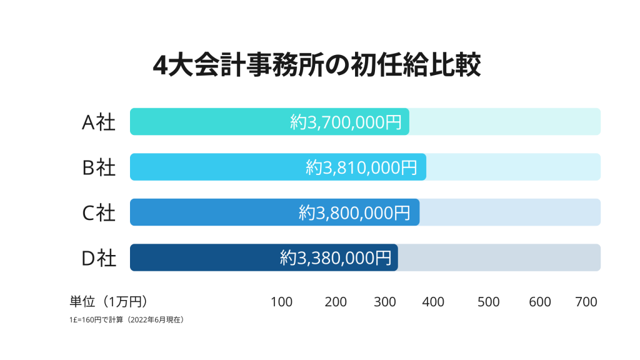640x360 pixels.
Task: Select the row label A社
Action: coord(99,122)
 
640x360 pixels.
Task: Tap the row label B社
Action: coord(99,167)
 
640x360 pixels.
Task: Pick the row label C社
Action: coord(99,212)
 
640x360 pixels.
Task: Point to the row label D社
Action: coord(99,257)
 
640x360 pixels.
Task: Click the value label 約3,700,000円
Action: coord(346,122)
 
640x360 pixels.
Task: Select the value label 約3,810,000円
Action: coord(361,167)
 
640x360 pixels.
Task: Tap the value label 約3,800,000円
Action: coord(354,212)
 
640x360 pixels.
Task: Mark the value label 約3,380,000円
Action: coord(336,257)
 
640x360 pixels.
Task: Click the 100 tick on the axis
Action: coord(281,302)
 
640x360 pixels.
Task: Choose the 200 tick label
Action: coord(336,302)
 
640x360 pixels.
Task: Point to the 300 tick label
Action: coord(385,302)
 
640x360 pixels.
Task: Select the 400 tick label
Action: coord(433,302)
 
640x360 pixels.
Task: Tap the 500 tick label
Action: coord(488,302)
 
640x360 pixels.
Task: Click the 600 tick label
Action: coord(540,302)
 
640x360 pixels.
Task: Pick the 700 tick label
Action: coord(586,302)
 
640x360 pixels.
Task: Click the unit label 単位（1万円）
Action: coord(108,302)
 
